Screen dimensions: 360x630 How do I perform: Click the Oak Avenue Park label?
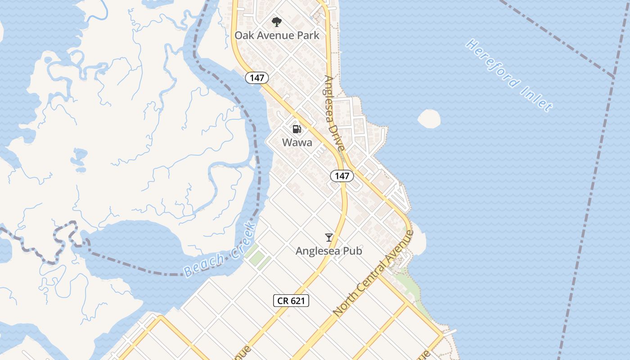coord(277,35)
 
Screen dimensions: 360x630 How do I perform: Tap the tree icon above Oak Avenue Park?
coord(277,22)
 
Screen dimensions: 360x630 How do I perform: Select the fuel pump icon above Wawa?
coord(297,129)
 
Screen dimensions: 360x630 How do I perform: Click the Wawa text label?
coord(297,143)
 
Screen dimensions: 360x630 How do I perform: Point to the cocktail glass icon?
coord(329,237)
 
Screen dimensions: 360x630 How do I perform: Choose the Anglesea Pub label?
coord(329,251)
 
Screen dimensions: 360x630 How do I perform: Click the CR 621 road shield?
coord(291,301)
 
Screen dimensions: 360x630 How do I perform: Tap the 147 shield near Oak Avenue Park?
coord(257,78)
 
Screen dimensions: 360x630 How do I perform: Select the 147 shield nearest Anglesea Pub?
coord(342,176)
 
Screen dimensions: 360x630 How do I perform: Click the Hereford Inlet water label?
coord(508,76)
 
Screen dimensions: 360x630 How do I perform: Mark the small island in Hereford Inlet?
coord(429,119)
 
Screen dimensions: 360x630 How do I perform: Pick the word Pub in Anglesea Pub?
coord(352,251)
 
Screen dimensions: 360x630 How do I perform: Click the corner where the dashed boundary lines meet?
coord(614,77)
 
